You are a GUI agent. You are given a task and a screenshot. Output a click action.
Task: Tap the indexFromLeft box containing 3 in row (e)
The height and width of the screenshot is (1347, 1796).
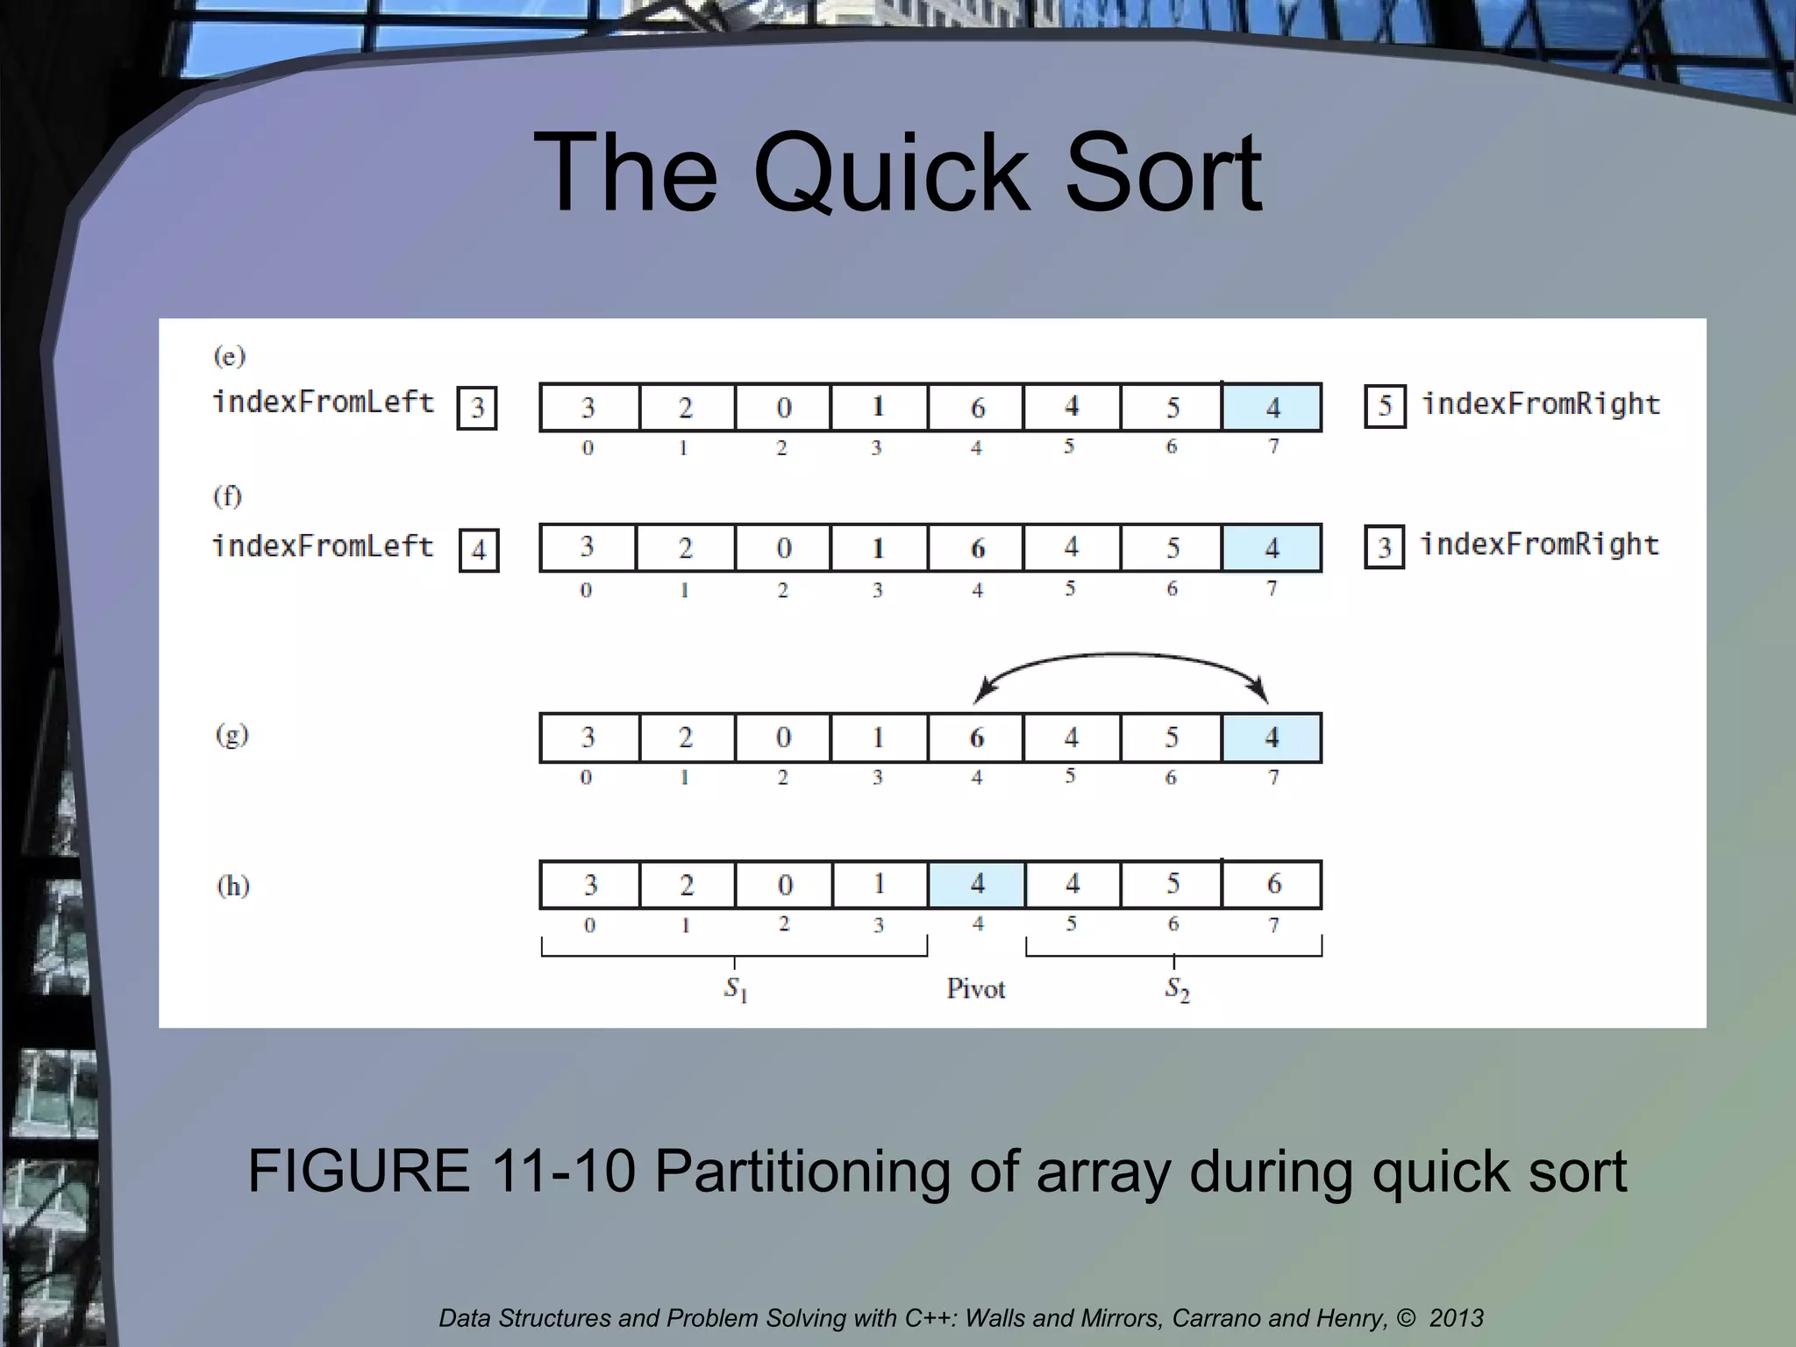coord(477,408)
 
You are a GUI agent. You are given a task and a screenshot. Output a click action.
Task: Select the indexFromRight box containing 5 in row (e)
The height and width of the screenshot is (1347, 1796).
coord(1385,406)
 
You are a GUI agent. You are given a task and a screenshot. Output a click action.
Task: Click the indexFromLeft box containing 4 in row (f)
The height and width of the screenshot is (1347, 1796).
coord(479,550)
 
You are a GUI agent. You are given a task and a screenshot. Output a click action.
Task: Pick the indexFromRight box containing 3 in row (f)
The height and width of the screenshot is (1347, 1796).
coord(1384,547)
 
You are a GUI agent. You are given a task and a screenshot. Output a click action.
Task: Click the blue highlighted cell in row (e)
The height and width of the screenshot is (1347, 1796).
coord(1272,407)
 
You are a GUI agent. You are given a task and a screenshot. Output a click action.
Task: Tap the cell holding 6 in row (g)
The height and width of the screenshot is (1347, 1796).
coord(975,738)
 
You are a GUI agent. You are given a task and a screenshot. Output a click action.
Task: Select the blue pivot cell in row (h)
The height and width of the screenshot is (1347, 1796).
coord(976,884)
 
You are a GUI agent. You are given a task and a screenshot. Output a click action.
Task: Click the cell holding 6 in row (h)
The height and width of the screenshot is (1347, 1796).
coord(1272,884)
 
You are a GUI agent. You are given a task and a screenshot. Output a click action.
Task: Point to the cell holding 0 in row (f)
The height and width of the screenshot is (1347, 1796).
coord(782,548)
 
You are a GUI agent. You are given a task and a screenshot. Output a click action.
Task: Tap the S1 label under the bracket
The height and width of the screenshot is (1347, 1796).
coord(735,989)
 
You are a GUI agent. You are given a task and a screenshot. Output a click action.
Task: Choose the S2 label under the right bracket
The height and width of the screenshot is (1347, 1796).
coord(1177,989)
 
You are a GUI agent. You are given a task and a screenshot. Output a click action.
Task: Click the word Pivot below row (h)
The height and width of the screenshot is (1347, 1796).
coord(975,989)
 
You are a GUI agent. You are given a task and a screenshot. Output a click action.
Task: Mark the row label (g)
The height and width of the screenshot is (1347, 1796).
coord(232,734)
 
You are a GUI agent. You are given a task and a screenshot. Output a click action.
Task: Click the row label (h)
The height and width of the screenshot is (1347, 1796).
coord(232,886)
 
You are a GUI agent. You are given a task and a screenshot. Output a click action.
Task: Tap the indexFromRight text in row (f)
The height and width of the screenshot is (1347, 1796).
coord(1539,545)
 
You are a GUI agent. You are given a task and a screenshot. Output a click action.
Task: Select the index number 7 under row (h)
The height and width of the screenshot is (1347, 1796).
coord(1273,925)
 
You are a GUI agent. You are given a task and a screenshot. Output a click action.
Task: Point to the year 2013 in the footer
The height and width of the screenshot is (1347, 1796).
coord(1456,1318)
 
